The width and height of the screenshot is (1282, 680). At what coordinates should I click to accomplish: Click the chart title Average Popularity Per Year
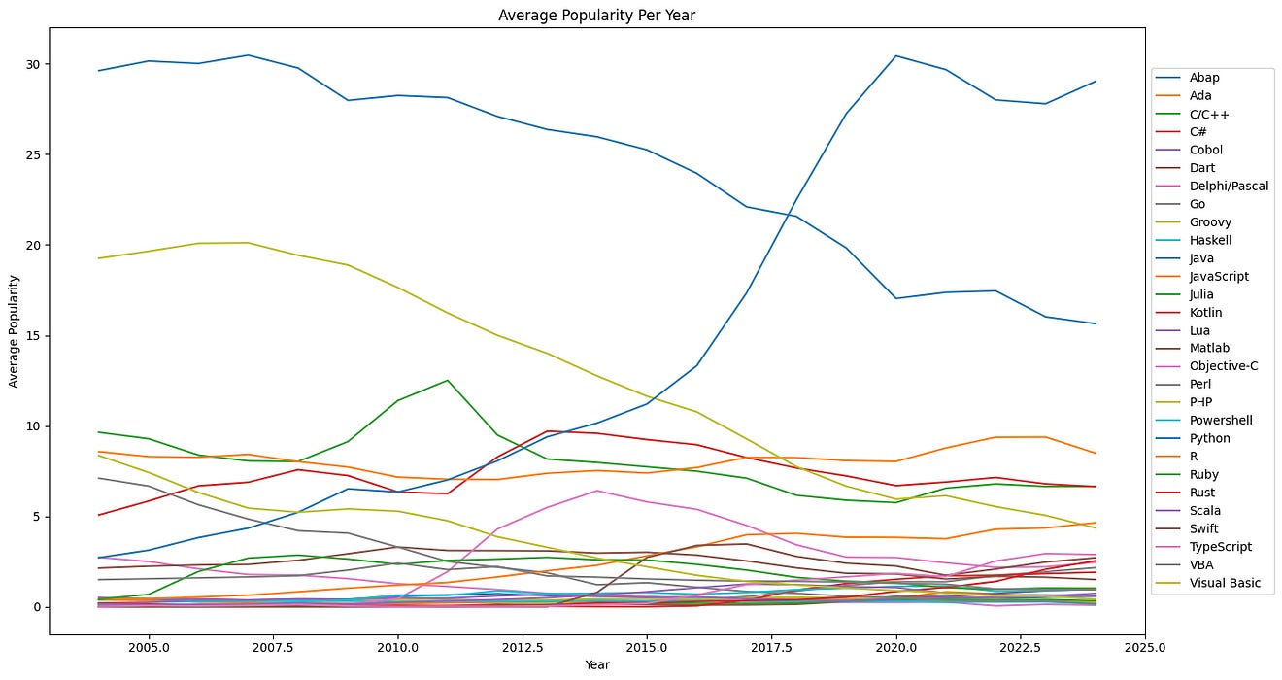click(x=597, y=15)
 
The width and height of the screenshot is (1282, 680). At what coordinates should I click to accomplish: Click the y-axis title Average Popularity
click(x=15, y=330)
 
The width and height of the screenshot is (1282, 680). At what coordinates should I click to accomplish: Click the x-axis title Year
click(x=597, y=664)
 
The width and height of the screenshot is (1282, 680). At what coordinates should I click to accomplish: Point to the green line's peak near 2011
click(x=448, y=380)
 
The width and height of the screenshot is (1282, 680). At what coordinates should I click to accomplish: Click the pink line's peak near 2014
click(x=597, y=491)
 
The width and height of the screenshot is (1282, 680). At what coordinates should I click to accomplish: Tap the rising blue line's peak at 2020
click(x=896, y=55)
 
